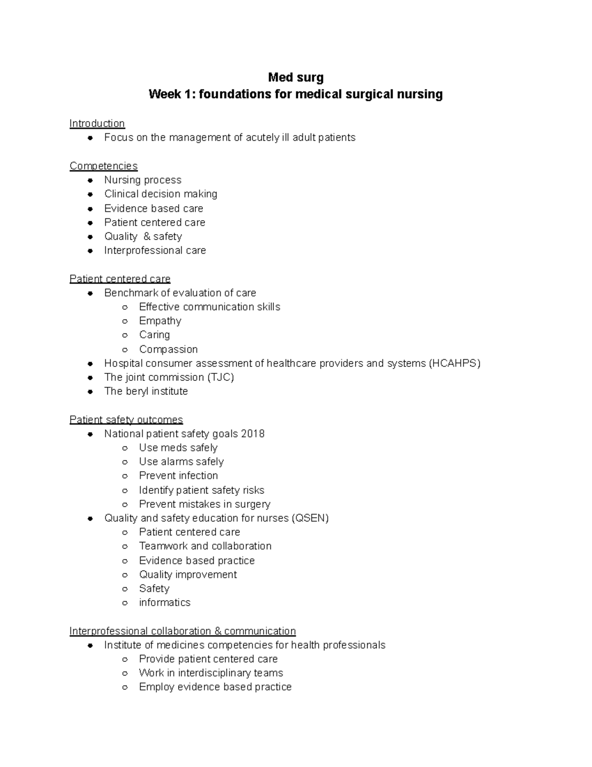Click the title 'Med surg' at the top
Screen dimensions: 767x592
[x=296, y=77]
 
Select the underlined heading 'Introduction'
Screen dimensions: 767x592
[x=97, y=123]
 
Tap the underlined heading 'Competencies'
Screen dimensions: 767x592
[x=104, y=166]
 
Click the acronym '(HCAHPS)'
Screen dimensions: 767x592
[x=454, y=363]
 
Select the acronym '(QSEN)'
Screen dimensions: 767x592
[x=310, y=518]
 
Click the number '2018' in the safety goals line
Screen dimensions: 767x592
[x=253, y=434]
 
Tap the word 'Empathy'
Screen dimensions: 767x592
[x=160, y=321]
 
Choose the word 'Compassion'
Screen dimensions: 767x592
[x=168, y=349]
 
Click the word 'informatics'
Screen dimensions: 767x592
[x=164, y=603]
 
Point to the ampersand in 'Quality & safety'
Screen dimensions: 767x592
[x=147, y=237]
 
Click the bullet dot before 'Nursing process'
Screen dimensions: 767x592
[x=90, y=180]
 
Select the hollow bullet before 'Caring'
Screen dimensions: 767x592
[x=125, y=335]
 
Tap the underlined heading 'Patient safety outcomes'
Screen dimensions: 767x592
[x=126, y=420]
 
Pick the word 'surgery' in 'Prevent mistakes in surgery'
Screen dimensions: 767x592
[x=253, y=504]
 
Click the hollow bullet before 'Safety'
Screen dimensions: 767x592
[x=125, y=589]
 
